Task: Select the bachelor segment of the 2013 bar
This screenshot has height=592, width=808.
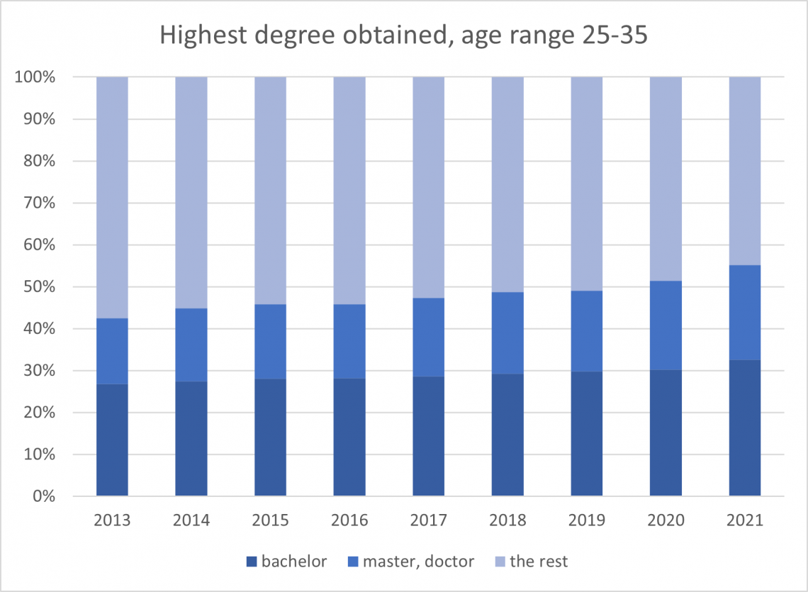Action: pos(112,440)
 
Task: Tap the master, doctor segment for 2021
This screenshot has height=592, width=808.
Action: pos(745,313)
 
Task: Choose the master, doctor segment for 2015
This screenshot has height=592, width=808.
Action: pos(270,342)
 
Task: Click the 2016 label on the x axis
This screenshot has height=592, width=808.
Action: pos(349,521)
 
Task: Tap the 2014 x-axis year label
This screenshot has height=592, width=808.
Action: pos(191,521)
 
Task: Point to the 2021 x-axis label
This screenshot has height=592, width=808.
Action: pos(745,521)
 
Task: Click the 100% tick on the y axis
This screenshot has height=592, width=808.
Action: pos(35,77)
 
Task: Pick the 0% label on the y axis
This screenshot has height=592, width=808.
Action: pos(43,496)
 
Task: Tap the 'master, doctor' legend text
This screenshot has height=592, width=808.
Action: pos(418,562)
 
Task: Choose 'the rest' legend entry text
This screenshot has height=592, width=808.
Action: pos(539,562)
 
